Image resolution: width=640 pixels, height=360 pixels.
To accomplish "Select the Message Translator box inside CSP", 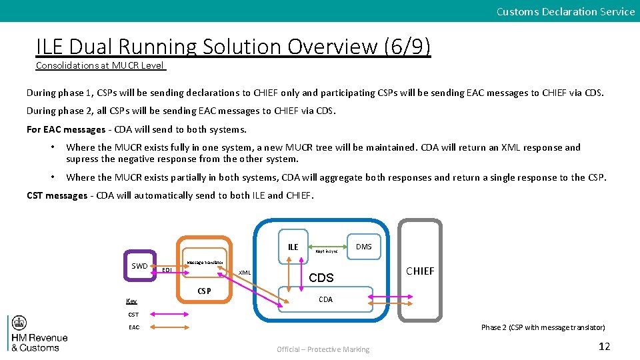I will (205, 263).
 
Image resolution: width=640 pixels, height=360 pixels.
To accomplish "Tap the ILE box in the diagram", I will (293, 247).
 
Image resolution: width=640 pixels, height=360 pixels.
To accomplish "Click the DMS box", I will (363, 247).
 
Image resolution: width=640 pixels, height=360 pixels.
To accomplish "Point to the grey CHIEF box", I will (420, 271).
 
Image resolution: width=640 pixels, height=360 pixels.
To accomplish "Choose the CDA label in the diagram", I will (325, 299).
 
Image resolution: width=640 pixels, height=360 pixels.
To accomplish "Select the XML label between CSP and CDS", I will (245, 273).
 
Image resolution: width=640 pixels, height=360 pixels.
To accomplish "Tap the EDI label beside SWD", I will (167, 270).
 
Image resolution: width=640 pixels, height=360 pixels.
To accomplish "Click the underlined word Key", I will (131, 301).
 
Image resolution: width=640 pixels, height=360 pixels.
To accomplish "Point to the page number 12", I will (604, 346).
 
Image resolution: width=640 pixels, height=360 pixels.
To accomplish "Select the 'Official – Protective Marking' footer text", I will (323, 349).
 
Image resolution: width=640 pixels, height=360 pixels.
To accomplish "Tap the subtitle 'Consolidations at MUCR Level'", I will (101, 65).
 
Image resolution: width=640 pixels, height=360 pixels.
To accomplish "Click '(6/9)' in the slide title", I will (407, 47).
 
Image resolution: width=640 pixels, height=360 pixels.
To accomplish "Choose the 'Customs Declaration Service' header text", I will (565, 11).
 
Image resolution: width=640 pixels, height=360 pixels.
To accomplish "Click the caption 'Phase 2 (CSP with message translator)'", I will (543, 327).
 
